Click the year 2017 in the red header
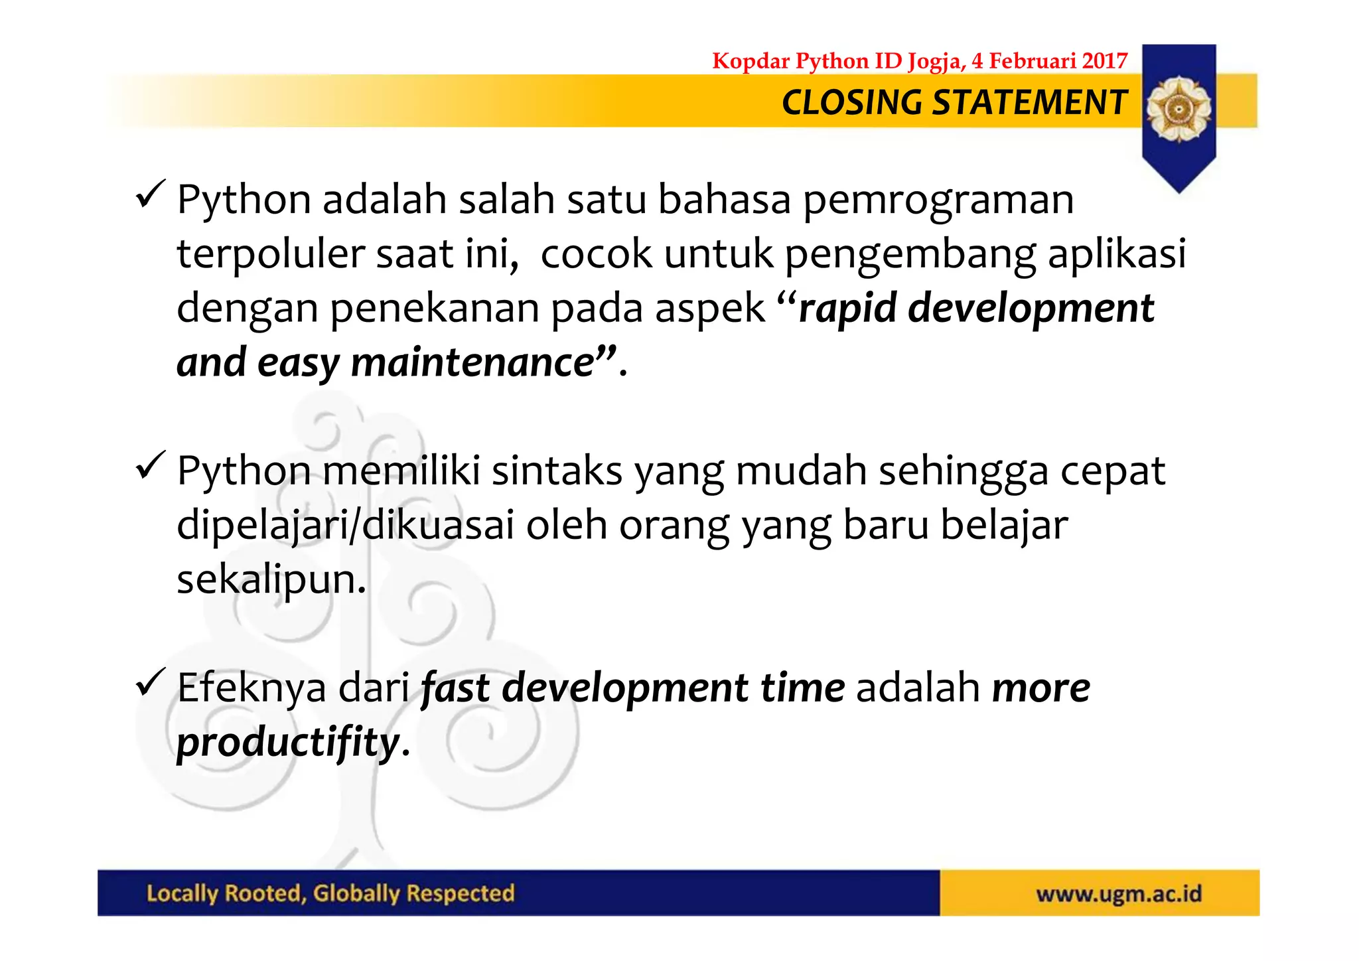1104,61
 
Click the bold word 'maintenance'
472,363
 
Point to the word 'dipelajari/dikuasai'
345,526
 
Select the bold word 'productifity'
288,743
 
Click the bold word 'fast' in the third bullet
455,688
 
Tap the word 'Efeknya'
251,688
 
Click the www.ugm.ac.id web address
1119,894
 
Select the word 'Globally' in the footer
355,894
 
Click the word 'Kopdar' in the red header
751,61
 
